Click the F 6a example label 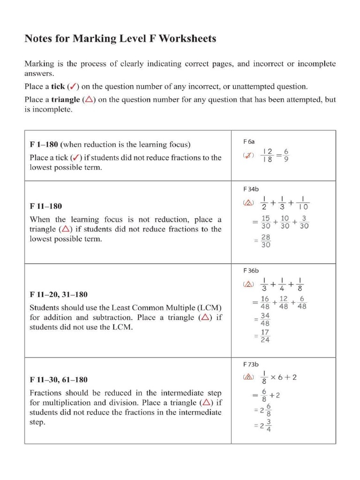click(249, 141)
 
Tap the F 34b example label click(251, 189)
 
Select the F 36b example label click(251, 270)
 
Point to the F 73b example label click(251, 364)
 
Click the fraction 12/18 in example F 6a click(267, 155)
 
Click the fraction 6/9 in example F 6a click(286, 155)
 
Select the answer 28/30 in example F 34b click(265, 241)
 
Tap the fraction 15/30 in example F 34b click(265, 222)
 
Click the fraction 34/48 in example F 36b click(265, 320)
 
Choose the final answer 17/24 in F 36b click(265, 336)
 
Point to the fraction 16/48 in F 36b click(265, 302)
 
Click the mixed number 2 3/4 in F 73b click(265, 426)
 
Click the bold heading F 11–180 click(45, 206)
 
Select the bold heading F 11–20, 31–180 click(58, 295)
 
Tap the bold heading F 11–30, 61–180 click(58, 380)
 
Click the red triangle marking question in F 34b click(248, 203)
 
